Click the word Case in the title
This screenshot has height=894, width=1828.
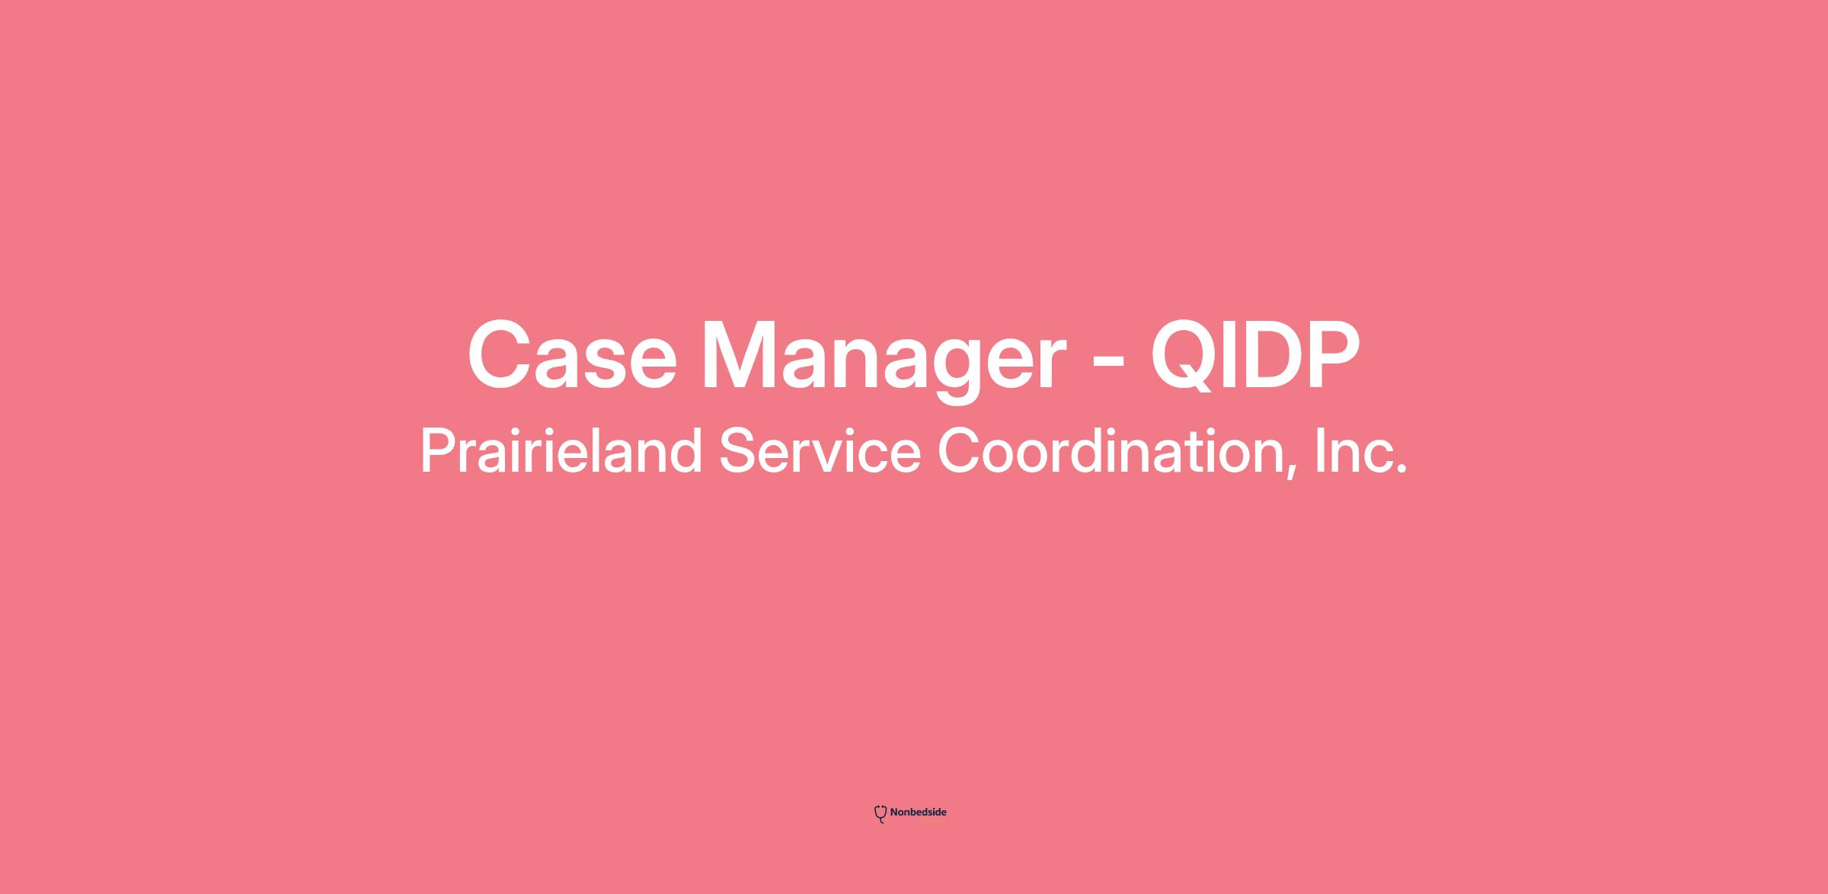[x=572, y=354]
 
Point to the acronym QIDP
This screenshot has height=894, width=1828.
[x=1255, y=356]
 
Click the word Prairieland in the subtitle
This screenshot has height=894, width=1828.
[x=561, y=451]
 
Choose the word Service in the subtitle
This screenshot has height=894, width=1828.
[x=820, y=451]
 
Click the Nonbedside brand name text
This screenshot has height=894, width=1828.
[x=918, y=812]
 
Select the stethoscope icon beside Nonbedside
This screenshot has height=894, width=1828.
[x=880, y=814]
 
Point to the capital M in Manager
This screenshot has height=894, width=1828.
[x=740, y=356]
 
